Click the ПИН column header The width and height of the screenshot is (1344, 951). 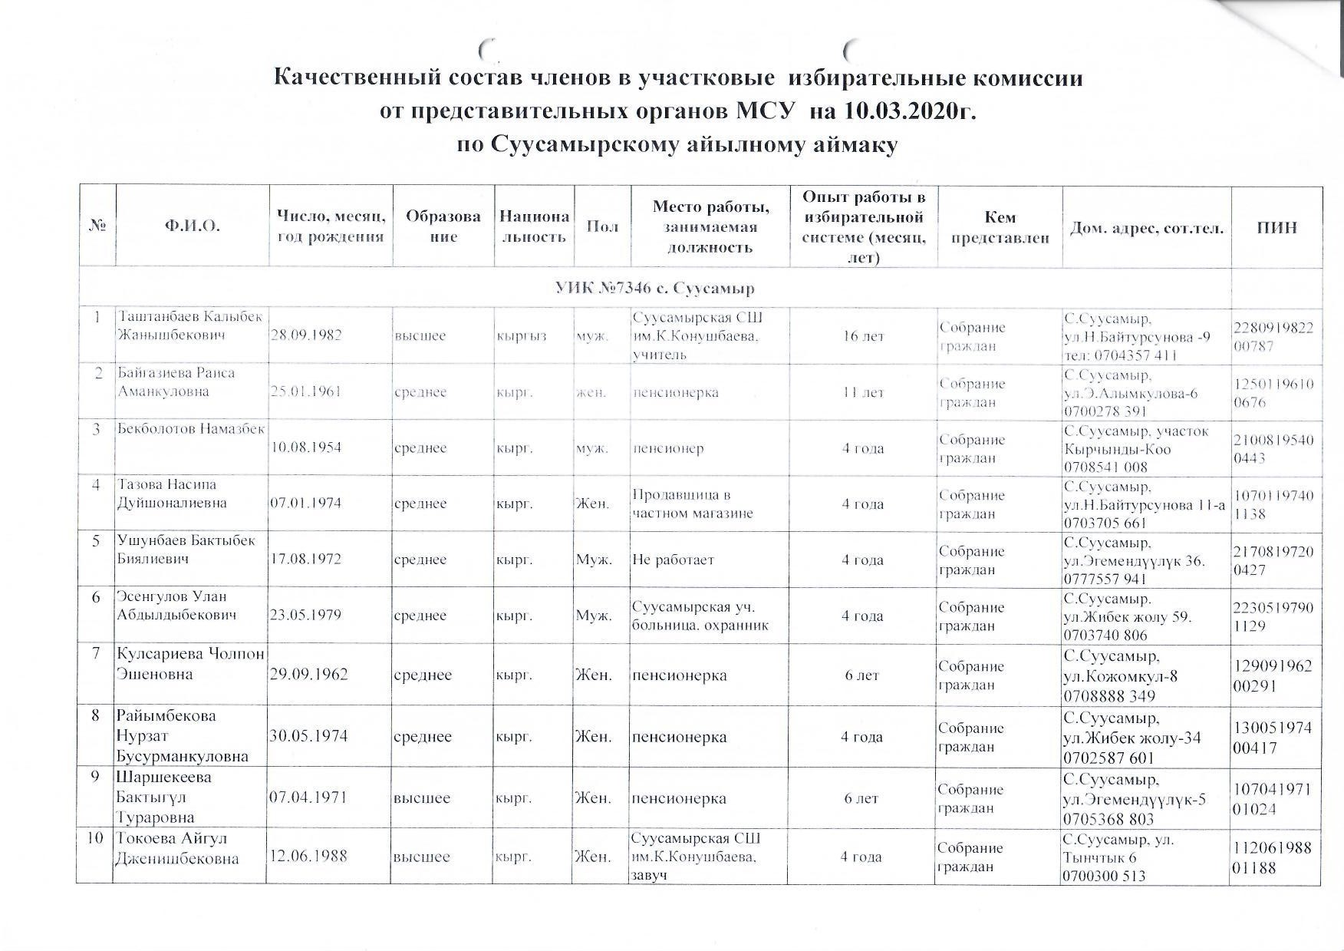click(x=1276, y=227)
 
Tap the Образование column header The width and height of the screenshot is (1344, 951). click(x=443, y=226)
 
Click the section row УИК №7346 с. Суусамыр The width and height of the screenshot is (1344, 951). click(x=654, y=289)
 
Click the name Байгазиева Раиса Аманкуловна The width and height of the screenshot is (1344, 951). click(x=176, y=382)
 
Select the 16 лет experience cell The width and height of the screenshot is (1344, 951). click(x=863, y=335)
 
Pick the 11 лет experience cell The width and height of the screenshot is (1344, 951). click(x=863, y=392)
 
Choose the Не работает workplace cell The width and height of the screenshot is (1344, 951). click(x=673, y=560)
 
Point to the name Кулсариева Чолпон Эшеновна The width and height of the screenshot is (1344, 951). click(x=189, y=665)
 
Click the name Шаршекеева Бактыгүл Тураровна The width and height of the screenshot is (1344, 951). click(x=164, y=797)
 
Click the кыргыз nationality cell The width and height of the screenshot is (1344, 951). click(x=522, y=335)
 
